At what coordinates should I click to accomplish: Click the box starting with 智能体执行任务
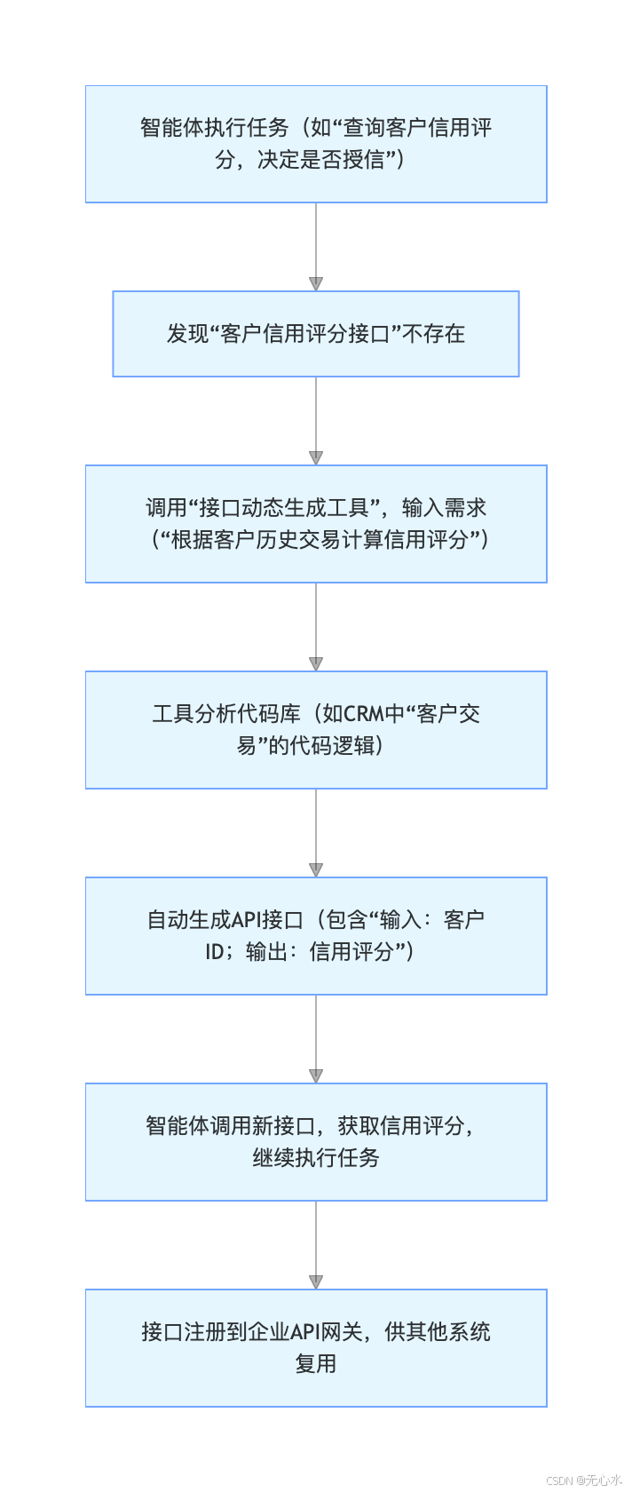tap(316, 144)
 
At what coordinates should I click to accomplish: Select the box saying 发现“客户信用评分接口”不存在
tap(316, 334)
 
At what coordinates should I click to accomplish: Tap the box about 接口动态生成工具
tap(316, 524)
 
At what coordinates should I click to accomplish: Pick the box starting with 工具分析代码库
tap(316, 730)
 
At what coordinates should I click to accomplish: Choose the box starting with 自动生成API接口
tap(316, 936)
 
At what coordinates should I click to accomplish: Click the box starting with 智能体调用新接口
tap(316, 1142)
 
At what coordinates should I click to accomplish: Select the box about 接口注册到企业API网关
tap(316, 1348)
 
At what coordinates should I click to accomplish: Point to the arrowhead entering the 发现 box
tap(316, 284)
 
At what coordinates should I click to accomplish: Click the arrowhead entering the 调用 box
tap(316, 458)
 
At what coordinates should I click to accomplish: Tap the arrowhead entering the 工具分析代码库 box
tap(316, 664)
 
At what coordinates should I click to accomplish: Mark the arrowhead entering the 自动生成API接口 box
tap(316, 870)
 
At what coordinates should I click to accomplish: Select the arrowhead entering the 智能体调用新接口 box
tap(316, 1076)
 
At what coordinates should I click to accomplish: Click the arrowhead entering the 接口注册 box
tap(316, 1282)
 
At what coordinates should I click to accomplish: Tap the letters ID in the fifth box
tap(214, 952)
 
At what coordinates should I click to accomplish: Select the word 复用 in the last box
tap(316, 1364)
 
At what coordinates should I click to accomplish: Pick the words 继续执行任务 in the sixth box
tap(316, 1158)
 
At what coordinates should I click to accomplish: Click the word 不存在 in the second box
tap(433, 334)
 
